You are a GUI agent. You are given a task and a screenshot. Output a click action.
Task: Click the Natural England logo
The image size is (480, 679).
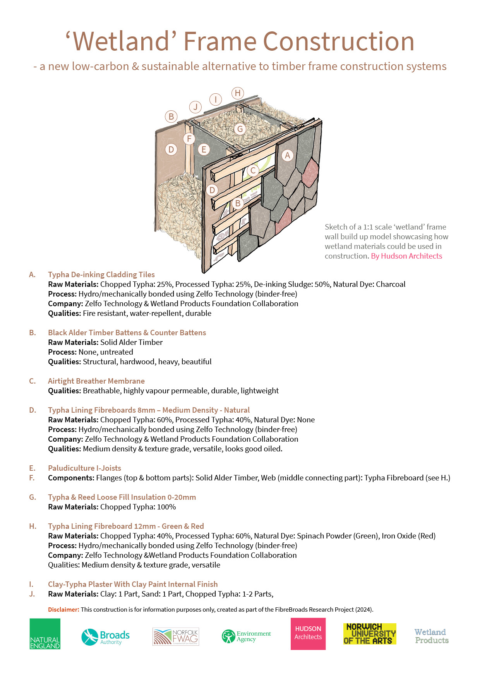point(45,634)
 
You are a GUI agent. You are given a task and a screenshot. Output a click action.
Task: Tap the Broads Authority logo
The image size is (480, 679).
point(105,637)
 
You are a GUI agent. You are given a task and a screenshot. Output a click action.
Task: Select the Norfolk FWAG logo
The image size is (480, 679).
point(176,636)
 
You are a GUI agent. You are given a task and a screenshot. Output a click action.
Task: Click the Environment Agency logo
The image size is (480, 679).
point(246,636)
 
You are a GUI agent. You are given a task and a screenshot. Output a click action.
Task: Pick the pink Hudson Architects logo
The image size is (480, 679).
point(308,634)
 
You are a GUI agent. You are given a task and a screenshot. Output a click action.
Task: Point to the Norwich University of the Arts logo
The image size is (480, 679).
point(370,634)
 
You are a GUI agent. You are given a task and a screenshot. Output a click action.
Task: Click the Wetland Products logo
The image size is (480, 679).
point(431,636)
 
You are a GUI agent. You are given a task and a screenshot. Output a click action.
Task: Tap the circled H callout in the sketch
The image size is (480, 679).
point(238,93)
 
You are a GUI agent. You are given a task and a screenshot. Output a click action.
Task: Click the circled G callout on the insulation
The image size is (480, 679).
point(240,129)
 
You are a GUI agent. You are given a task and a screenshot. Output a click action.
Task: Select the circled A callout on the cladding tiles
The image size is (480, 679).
point(287,155)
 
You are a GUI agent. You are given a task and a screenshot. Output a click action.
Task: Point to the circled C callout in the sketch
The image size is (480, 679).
point(253,170)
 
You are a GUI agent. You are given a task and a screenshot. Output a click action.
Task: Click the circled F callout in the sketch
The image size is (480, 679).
point(189,138)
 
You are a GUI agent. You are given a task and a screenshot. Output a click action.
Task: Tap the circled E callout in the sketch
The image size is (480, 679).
point(204,149)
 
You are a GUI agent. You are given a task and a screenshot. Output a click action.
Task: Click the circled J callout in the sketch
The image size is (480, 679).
point(195,107)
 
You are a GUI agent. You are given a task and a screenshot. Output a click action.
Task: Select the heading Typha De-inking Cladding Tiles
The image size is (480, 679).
point(101,274)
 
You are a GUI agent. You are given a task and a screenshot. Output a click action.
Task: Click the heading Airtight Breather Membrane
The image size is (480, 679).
point(96,381)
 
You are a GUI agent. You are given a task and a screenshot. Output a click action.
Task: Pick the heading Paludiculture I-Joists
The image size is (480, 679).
point(84,468)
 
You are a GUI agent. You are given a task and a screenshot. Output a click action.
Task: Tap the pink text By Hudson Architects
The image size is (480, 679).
point(406,256)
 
